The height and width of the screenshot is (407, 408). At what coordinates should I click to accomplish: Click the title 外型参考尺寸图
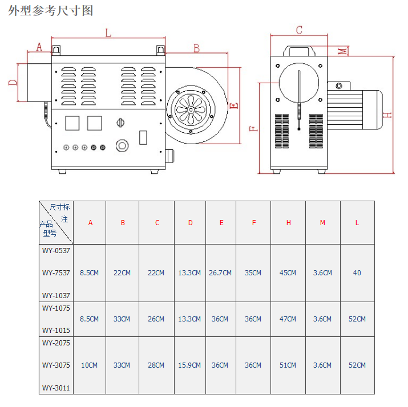click(x=50, y=11)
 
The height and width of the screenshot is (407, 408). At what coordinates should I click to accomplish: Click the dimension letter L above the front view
click(x=108, y=33)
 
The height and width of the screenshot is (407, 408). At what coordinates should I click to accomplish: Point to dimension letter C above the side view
click(x=299, y=30)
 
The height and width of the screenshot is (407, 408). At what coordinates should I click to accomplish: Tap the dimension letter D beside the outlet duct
click(x=13, y=83)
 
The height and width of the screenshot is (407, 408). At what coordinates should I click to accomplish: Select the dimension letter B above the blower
click(x=197, y=48)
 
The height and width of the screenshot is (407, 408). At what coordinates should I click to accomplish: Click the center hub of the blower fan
click(x=191, y=109)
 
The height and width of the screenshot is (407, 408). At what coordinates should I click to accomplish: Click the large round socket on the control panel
click(x=122, y=145)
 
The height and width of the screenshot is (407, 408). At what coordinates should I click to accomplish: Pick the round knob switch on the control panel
click(x=120, y=123)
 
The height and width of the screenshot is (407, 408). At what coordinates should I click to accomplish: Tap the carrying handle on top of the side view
click(x=299, y=51)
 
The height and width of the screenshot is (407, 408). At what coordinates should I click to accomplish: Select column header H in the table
click(x=288, y=223)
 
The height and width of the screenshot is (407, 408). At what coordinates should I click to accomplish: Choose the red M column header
click(x=322, y=223)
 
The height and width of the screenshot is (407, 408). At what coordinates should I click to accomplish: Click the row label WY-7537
click(x=56, y=273)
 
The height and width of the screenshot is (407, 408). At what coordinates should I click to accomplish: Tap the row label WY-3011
click(x=56, y=388)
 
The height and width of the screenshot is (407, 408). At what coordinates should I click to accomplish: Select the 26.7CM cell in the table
click(x=220, y=273)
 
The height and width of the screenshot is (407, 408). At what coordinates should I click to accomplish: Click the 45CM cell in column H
click(x=288, y=273)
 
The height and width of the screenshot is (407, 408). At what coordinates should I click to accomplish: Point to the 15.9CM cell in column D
click(x=189, y=365)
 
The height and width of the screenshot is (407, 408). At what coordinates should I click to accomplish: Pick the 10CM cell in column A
click(x=89, y=365)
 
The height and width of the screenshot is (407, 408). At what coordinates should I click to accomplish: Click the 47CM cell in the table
click(x=288, y=319)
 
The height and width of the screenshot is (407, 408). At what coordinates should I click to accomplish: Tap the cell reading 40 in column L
click(x=357, y=273)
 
